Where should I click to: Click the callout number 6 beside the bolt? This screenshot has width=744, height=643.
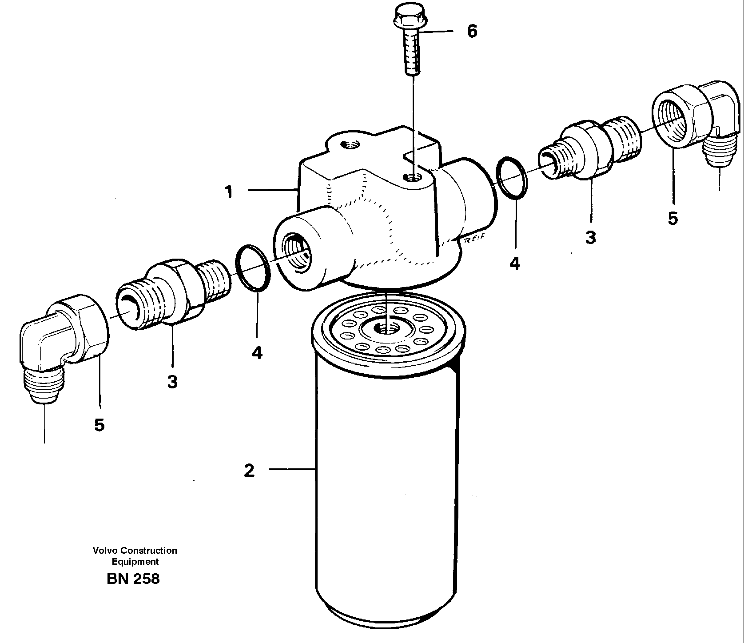click(x=472, y=31)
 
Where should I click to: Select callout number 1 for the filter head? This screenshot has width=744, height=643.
click(x=229, y=192)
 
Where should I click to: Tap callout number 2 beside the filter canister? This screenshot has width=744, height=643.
click(x=249, y=470)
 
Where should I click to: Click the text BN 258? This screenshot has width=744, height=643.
click(x=133, y=579)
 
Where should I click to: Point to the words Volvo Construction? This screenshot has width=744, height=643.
click(x=135, y=551)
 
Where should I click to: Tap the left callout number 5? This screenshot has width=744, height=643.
click(x=99, y=425)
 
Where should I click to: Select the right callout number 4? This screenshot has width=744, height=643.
click(x=514, y=264)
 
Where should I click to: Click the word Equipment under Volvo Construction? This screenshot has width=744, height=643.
click(x=135, y=562)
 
